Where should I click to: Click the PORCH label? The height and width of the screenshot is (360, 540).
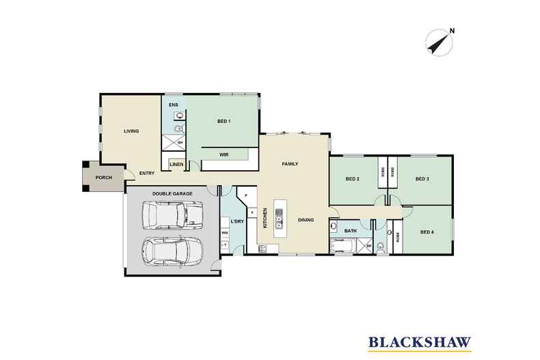point(104,178)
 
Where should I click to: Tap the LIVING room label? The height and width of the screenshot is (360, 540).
point(131,131)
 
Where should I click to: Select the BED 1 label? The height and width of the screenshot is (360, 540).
point(224,121)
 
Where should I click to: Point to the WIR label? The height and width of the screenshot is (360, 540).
point(224,155)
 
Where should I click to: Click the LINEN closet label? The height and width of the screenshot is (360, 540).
point(176,165)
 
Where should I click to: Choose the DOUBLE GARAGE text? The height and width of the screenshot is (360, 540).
point(172,194)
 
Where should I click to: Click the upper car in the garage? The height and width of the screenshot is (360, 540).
point(172,215)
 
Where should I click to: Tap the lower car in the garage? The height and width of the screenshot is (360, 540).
point(172,251)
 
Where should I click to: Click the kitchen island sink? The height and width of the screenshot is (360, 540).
point(279,219)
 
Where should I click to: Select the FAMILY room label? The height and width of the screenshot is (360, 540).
point(290,164)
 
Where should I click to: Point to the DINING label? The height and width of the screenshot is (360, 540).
point(306,220)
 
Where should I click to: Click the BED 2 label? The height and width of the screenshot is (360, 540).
point(353,179)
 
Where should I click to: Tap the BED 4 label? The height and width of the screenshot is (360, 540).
point(427,232)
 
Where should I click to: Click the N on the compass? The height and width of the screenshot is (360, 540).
point(453,31)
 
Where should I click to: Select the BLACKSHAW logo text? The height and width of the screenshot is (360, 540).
point(420,342)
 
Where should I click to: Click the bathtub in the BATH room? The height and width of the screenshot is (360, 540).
point(341,247)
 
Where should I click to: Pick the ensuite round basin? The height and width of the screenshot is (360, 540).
point(179,115)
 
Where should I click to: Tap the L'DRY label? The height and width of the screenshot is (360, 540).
point(237,221)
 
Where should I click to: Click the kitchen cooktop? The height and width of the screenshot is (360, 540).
point(262,249)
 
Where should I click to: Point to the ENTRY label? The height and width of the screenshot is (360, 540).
point(147,174)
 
